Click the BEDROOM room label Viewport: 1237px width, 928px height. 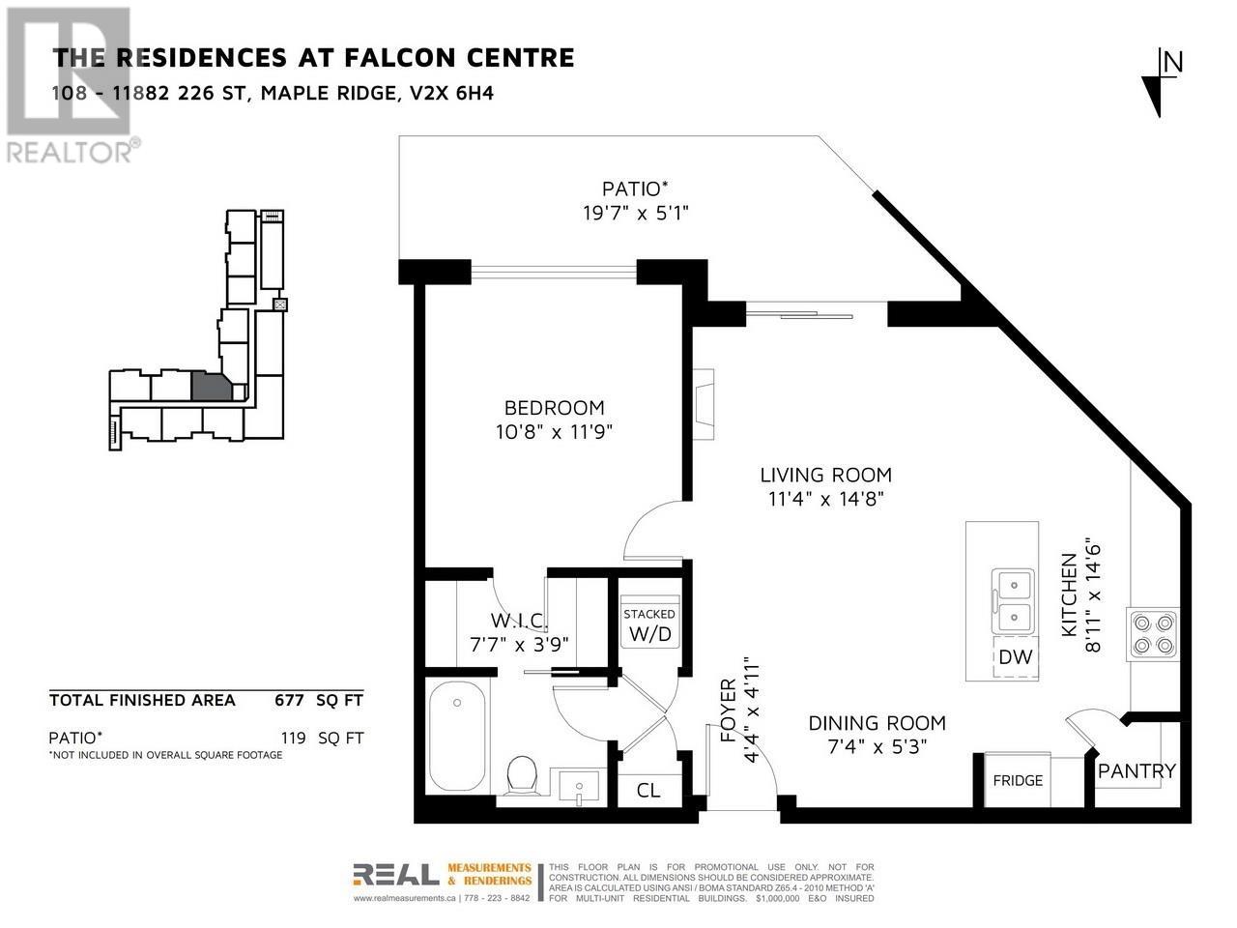coord(554,407)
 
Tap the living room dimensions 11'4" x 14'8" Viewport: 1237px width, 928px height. coord(825,499)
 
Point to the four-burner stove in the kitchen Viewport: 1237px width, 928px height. coord(1153,634)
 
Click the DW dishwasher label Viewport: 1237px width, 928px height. coord(1015,656)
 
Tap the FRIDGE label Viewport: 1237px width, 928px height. coord(1018,780)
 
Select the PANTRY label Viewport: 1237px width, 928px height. coord(1136,770)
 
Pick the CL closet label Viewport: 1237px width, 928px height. coord(648,791)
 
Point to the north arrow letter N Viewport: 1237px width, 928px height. coord(1173,62)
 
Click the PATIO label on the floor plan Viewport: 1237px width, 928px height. coord(635,188)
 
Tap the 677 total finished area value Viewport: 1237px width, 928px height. coord(289,700)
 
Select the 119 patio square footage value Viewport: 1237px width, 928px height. coord(294,738)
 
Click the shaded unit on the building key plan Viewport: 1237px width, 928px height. coord(211,387)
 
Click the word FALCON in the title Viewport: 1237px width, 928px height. coord(391,57)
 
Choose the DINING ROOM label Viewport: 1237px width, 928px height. coord(877,723)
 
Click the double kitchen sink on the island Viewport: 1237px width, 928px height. coord(1013,600)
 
